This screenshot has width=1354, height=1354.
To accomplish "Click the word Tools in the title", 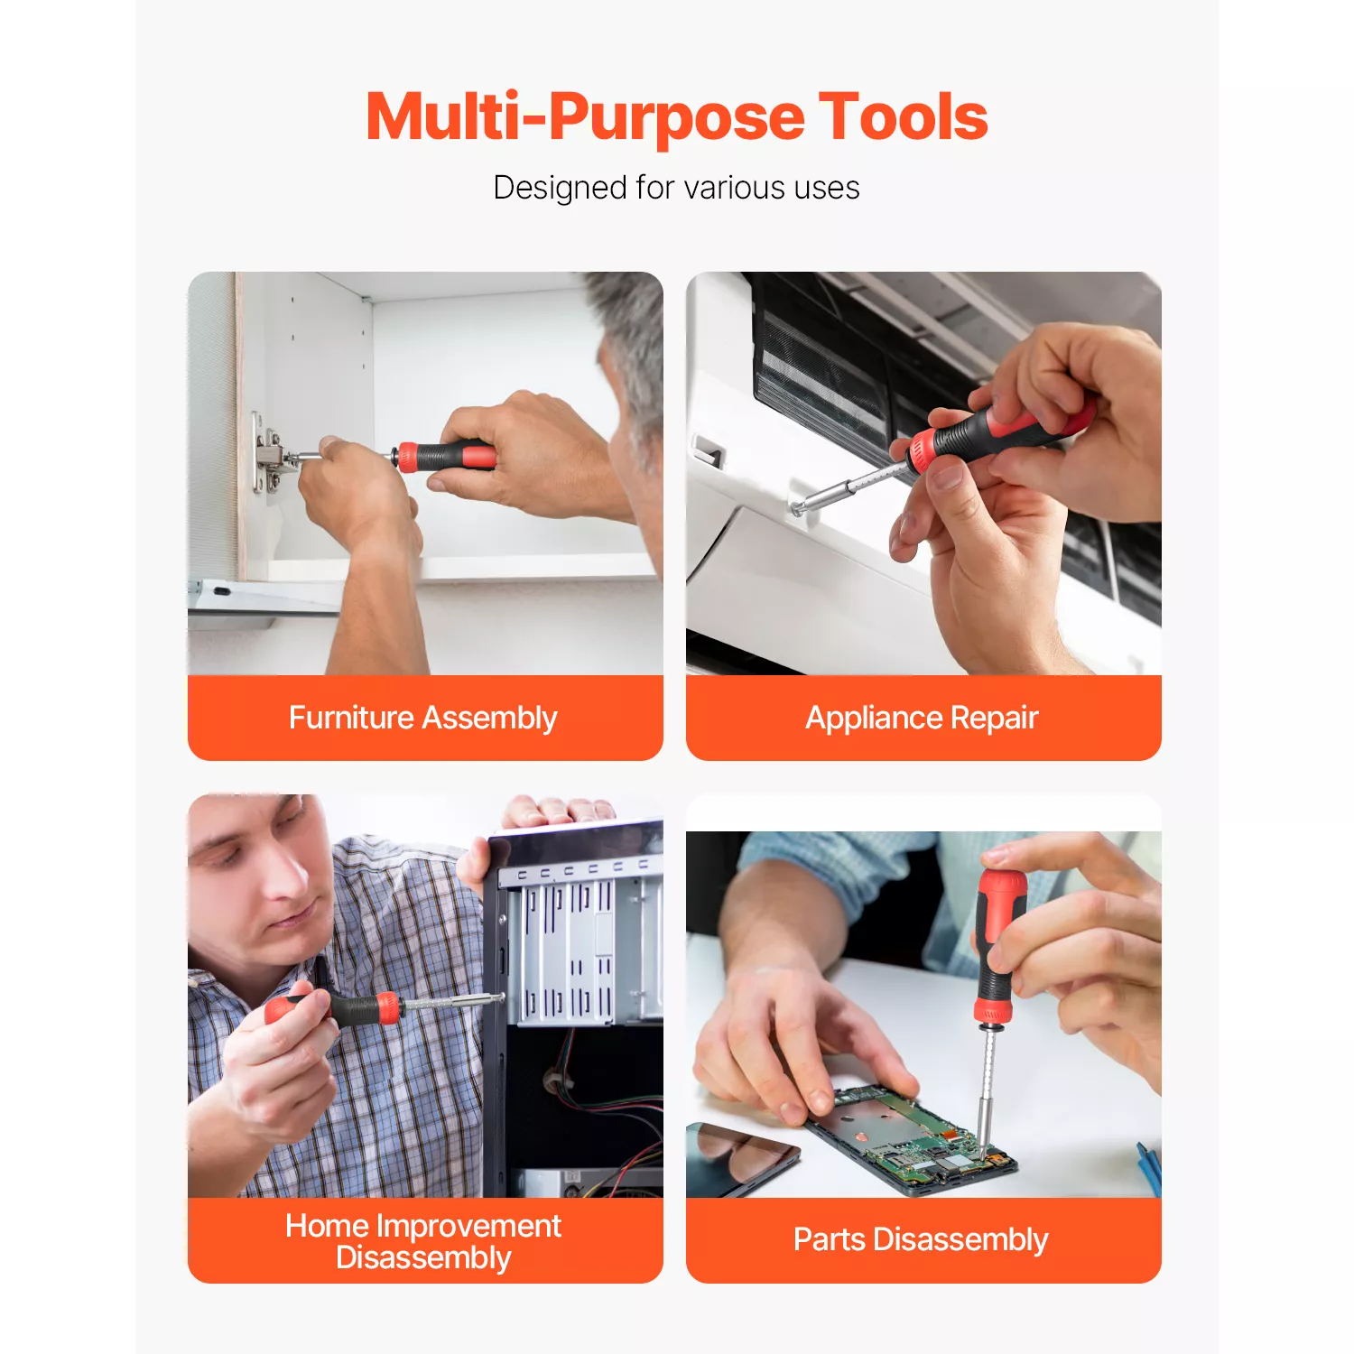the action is pyautogui.click(x=903, y=117).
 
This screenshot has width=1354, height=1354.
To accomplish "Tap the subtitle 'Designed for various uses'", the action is pyautogui.click(x=676, y=188).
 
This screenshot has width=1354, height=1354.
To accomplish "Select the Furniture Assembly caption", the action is pyautogui.click(x=422, y=718).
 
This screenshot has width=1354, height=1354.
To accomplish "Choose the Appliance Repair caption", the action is pyautogui.click(x=922, y=718).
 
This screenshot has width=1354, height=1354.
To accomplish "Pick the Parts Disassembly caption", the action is pyautogui.click(x=921, y=1239).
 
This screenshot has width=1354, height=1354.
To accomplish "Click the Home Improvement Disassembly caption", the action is pyautogui.click(x=423, y=1241).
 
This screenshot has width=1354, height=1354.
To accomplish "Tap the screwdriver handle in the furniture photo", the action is pyautogui.click(x=446, y=456).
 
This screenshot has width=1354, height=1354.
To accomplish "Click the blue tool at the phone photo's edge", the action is pyautogui.click(x=1148, y=1169).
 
